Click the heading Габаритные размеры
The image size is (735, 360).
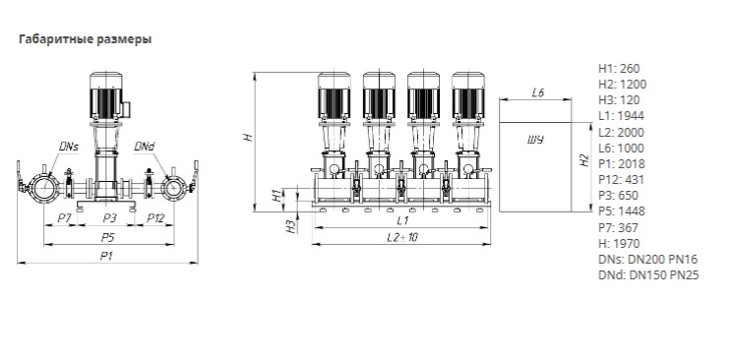[86, 39]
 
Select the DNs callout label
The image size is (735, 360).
[69, 147]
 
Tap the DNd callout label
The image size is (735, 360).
[145, 147]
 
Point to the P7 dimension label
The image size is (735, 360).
[64, 218]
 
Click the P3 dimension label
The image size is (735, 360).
[109, 218]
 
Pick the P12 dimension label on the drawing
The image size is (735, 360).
[155, 218]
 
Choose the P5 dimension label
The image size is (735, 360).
[108, 238]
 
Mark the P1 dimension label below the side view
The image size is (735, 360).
[107, 256]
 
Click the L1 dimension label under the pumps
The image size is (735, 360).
[402, 220]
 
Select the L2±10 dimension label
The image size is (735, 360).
[402, 237]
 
